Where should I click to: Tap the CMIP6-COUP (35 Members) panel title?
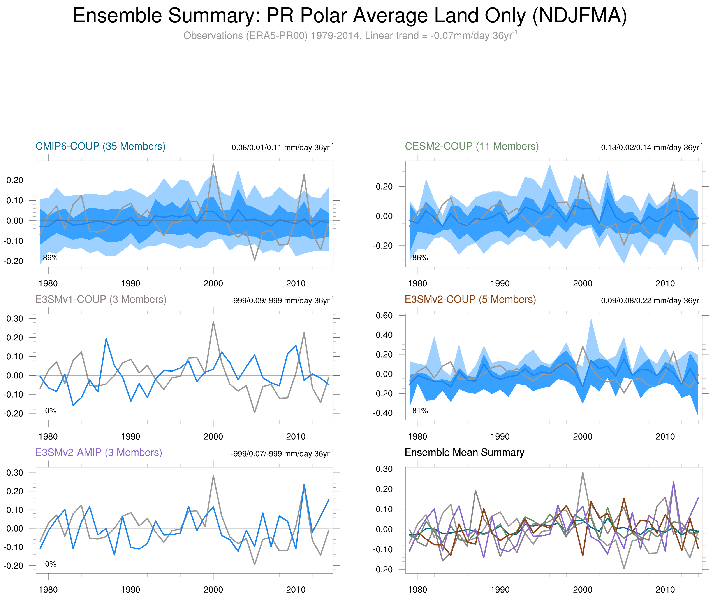100,146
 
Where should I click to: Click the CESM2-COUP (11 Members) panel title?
472,146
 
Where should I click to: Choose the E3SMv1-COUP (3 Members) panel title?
101,299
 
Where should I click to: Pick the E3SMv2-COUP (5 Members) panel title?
470,299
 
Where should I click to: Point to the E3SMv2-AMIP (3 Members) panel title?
99,452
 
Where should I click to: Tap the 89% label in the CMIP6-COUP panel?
51,258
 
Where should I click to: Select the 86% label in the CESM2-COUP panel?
420,258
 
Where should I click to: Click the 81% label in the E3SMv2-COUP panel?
420,411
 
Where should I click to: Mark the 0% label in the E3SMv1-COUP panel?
51,411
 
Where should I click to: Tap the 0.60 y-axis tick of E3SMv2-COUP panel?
384,315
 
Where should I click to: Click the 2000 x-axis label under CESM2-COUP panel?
583,283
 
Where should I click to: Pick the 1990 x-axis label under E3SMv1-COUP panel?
131,436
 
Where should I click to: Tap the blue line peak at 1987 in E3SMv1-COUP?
106,339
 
